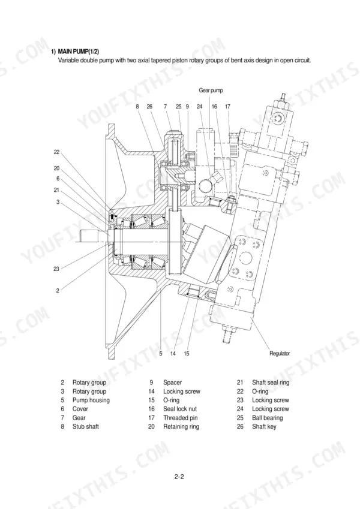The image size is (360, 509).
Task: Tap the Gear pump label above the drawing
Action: click(211, 91)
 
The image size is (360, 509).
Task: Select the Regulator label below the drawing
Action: click(280, 353)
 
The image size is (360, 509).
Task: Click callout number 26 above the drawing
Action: click(149, 107)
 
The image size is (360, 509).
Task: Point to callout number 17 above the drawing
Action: click(227, 107)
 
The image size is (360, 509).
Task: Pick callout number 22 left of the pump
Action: click(57, 152)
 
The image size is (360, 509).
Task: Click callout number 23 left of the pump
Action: click(56, 269)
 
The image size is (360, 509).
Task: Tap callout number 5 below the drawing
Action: click(161, 354)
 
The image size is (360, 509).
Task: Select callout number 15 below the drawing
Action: click(186, 354)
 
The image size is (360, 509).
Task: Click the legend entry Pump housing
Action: click(91, 400)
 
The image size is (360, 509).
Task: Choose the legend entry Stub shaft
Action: click(85, 426)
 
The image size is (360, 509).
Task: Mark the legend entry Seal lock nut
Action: click(180, 409)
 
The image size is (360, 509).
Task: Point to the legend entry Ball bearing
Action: click(268, 418)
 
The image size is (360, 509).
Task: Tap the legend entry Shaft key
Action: click(264, 426)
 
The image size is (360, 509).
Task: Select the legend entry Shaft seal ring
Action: click(271, 382)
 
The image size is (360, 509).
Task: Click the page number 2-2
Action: click(179, 477)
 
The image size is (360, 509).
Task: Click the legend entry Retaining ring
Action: click(181, 426)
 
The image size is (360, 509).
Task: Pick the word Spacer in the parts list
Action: click(173, 382)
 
